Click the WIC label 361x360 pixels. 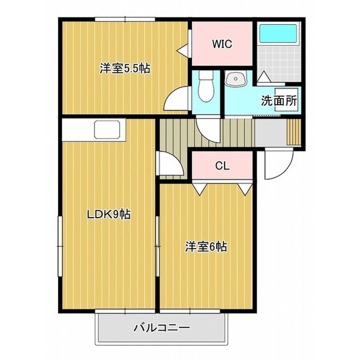coord(222,44)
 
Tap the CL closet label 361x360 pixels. coord(222,166)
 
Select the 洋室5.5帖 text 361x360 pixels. coord(125,69)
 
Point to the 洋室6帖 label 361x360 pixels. coord(206,247)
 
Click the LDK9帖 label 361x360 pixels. coord(109,215)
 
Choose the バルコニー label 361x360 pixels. coord(162,327)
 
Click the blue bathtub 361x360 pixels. coord(278,34)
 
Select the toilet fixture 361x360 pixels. coord(206,86)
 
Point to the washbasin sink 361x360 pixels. coord(236,79)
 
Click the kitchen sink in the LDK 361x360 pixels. coord(107,130)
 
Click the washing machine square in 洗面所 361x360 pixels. coord(287,100)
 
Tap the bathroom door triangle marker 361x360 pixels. coord(264,76)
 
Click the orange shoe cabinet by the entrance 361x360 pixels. coord(294,132)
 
